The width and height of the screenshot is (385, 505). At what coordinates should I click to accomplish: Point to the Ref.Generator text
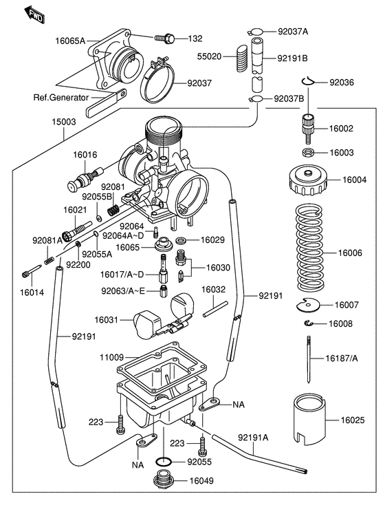60,97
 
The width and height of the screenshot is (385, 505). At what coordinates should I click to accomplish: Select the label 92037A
293,32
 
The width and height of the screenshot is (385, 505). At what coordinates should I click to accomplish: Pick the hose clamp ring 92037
162,85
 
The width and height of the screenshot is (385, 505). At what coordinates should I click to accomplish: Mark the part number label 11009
111,358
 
